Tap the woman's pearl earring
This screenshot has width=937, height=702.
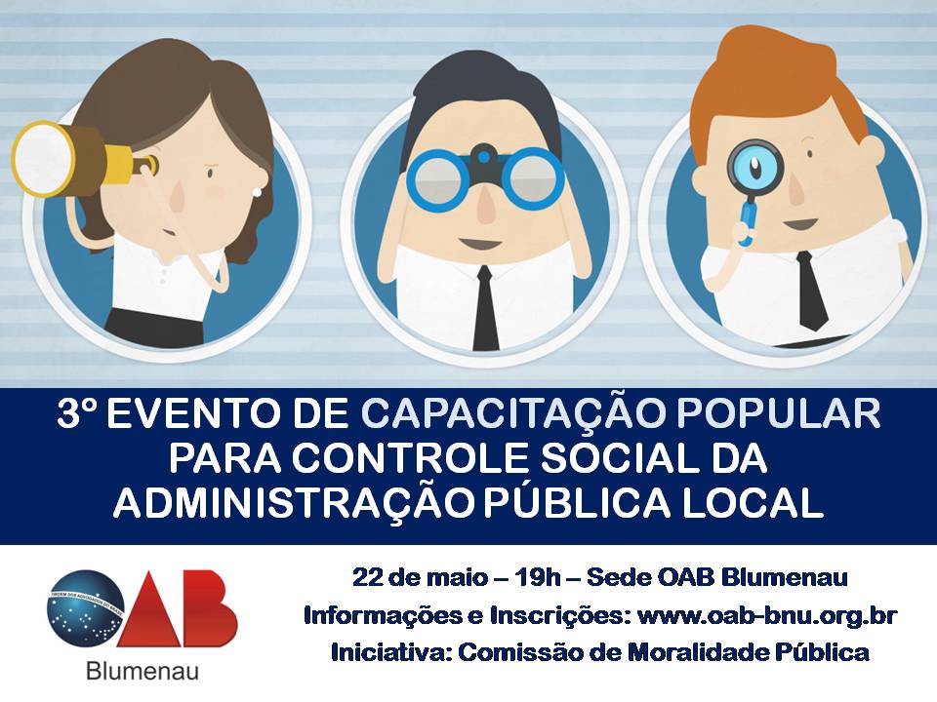coord(258,192)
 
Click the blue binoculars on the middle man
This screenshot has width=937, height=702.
coord(485,175)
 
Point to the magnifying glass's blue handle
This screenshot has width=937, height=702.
coord(746,221)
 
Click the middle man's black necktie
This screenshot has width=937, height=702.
coord(485,309)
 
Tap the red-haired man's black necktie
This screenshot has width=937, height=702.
coord(811,292)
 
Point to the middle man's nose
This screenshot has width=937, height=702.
coord(485,203)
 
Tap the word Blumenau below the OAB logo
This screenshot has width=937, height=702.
coord(143,671)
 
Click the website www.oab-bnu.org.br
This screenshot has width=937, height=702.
coord(767,615)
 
